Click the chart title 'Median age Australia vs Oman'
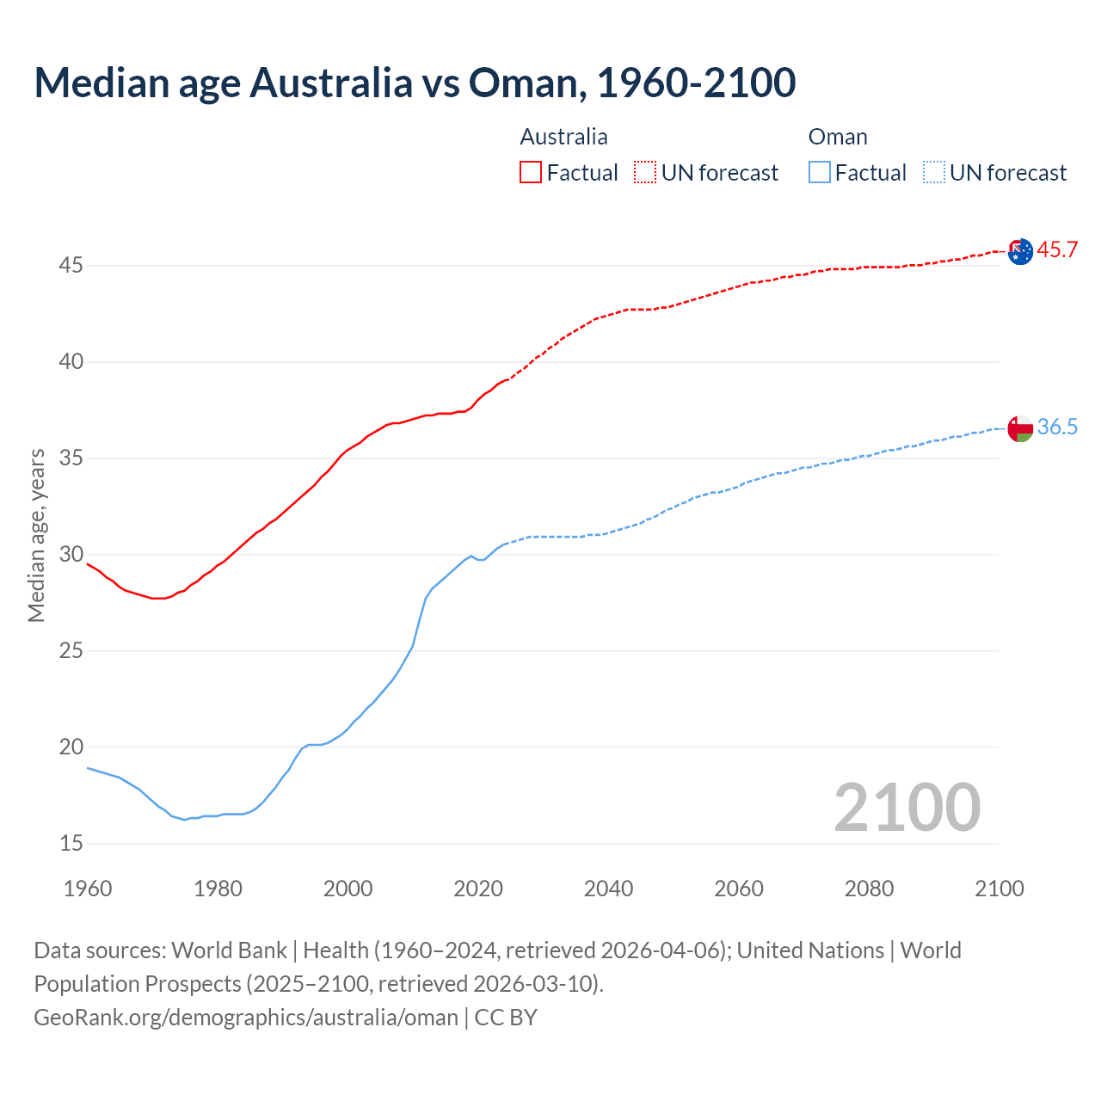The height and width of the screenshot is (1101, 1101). (415, 83)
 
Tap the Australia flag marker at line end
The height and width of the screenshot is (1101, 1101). (1020, 252)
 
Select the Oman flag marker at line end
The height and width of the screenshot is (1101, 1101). (1020, 428)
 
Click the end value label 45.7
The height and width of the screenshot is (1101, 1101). (1057, 250)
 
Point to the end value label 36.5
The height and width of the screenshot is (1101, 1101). (1057, 427)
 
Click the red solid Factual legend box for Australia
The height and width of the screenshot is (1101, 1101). (531, 173)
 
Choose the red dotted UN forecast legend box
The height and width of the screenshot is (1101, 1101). (645, 173)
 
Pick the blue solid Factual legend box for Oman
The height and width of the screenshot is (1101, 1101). (820, 173)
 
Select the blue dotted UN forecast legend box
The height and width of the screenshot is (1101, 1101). (933, 173)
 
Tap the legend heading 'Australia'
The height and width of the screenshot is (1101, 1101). (563, 137)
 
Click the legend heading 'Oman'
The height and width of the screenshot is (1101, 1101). (838, 137)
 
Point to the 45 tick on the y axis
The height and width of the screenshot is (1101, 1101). (71, 266)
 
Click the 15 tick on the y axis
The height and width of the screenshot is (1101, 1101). (71, 844)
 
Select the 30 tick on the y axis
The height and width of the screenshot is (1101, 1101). (71, 555)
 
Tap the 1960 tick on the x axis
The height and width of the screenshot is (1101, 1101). (88, 889)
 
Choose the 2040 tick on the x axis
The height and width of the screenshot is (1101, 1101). (608, 889)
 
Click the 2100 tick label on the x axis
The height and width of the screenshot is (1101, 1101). (1000, 889)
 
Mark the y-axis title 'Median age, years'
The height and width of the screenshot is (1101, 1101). (36, 535)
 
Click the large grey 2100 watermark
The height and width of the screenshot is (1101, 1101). (907, 808)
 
